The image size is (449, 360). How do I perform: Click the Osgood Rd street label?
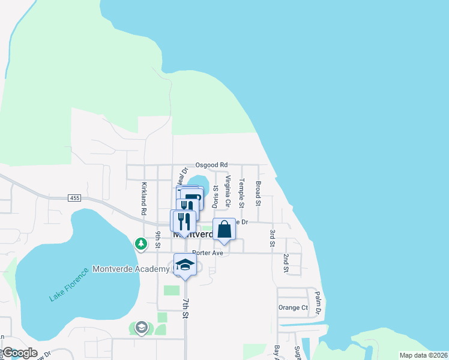click(212, 164)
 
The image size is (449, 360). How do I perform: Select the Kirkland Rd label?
click(144, 199)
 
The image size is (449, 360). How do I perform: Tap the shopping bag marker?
click(224, 230)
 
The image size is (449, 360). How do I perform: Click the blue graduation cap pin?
click(185, 266)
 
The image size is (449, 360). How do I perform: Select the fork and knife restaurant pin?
click(184, 221)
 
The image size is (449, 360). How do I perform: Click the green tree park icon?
click(140, 244)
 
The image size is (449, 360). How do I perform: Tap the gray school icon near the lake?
click(142, 327)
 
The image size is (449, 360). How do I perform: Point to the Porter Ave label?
click(208, 253)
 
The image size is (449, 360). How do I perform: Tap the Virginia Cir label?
click(228, 191)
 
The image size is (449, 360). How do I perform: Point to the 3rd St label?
click(272, 238)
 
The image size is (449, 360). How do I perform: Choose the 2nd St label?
click(286, 263)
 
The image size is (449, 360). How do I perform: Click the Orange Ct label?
click(293, 308)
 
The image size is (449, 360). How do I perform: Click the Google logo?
click(20, 353)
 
